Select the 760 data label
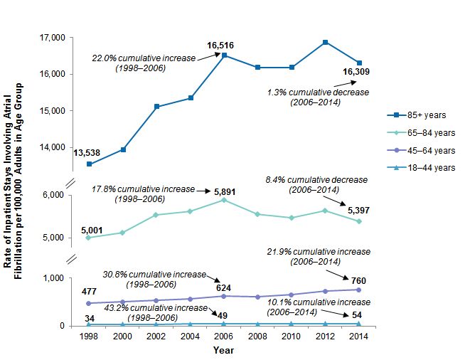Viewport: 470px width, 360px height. pyautogui.click(x=358, y=280)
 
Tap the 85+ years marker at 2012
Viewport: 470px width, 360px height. pyautogui.click(x=325, y=42)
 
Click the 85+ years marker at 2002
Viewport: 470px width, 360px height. pyautogui.click(x=156, y=107)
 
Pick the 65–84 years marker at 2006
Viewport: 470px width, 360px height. pyautogui.click(x=224, y=200)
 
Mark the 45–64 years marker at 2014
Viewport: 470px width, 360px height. pyautogui.click(x=358, y=290)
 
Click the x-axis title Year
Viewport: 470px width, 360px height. pyautogui.click(x=223, y=350)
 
